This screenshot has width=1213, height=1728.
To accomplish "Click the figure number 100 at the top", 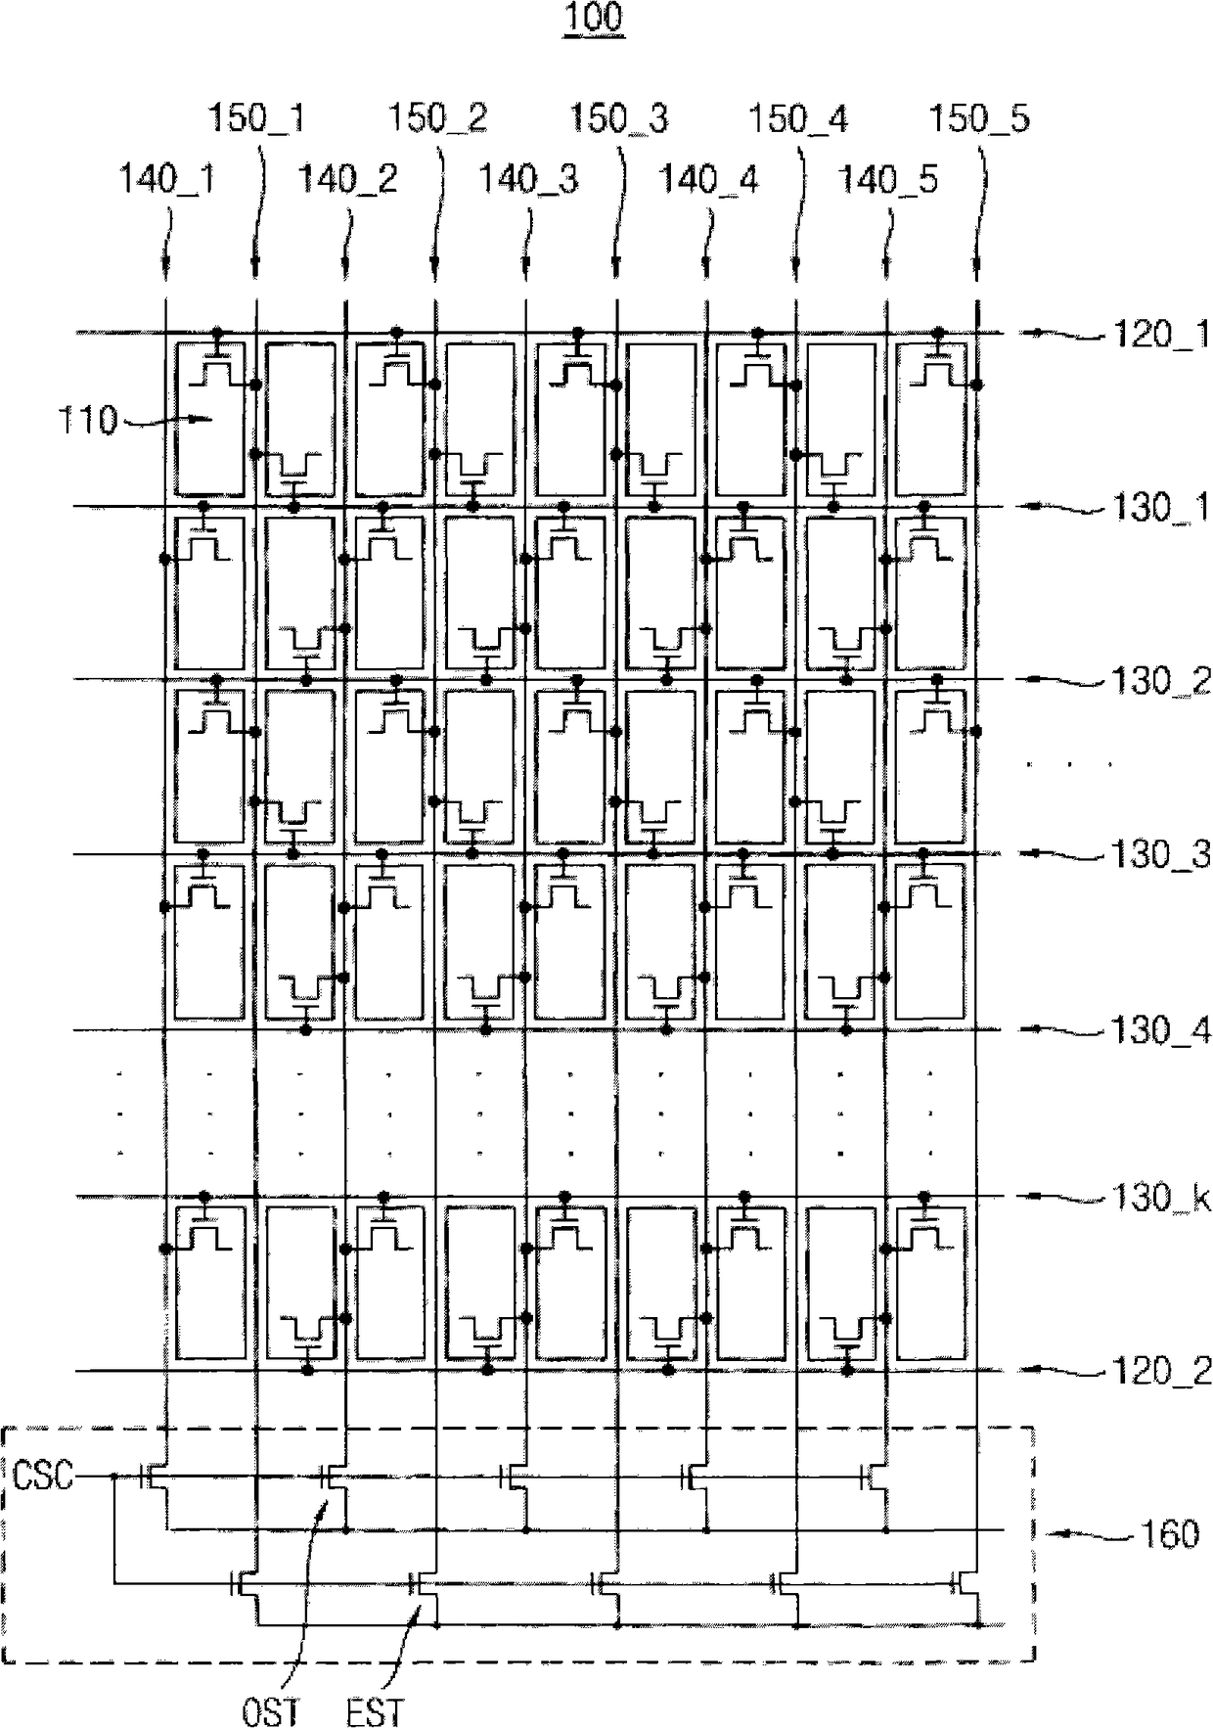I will (x=594, y=19).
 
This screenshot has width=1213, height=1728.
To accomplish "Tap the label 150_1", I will (x=256, y=119).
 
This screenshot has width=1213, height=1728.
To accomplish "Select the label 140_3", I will (x=528, y=180).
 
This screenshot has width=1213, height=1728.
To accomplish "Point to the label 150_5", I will (x=979, y=119).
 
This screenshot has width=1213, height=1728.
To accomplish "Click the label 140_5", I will (x=888, y=180).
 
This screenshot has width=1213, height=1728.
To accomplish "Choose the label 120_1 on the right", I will (x=1160, y=336).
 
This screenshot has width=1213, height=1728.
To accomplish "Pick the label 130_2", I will (x=1160, y=681).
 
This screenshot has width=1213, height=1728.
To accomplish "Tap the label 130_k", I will (x=1160, y=1198).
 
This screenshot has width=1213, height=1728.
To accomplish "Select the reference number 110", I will (x=87, y=421).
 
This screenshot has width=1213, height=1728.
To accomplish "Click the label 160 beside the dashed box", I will (x=1170, y=1534).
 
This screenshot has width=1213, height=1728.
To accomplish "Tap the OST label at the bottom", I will (x=271, y=1711).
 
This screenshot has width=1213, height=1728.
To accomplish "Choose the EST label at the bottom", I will (x=375, y=1711).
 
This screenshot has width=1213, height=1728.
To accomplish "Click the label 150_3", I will (x=619, y=119).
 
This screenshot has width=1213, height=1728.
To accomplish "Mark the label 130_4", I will (x=1160, y=1030).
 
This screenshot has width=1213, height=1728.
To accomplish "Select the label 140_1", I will (x=167, y=180).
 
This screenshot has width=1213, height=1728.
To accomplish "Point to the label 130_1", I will (x=1160, y=508).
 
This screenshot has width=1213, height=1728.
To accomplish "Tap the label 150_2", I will (x=437, y=119).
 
